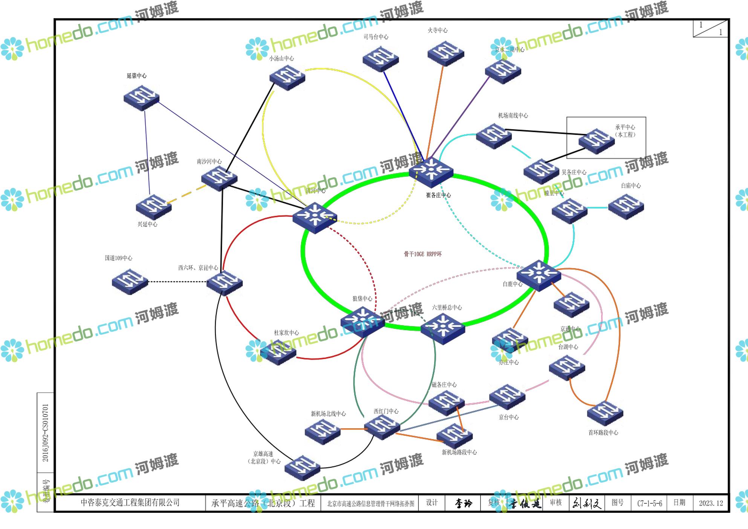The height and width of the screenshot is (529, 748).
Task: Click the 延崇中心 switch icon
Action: click(x=141, y=98)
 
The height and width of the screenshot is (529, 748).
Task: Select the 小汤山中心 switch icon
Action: click(x=287, y=77)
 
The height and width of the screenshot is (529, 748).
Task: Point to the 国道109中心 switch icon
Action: click(x=130, y=281)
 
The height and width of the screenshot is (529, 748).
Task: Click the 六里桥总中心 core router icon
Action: click(x=443, y=328)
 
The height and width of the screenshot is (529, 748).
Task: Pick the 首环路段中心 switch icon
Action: click(x=605, y=414)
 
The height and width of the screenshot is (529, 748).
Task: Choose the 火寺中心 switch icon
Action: click(x=445, y=53)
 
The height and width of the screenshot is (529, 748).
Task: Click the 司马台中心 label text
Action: click(x=376, y=37)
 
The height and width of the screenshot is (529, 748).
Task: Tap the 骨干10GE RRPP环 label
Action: click(x=422, y=254)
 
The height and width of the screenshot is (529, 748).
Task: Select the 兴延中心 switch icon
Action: click(x=154, y=207)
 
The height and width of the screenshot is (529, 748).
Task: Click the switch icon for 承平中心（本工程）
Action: click(x=597, y=141)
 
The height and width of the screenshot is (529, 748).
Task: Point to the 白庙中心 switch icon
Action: click(x=626, y=206)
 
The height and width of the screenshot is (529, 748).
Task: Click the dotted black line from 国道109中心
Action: click(x=177, y=282)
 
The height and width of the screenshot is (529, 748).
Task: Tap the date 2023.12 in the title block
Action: click(x=711, y=503)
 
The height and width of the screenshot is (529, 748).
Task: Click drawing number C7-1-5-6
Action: click(x=650, y=503)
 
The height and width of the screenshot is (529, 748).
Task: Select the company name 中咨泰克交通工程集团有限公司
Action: click(x=130, y=502)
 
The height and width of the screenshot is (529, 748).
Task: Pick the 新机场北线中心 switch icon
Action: click(x=323, y=431)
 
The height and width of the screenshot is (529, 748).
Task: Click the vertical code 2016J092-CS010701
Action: click(x=45, y=432)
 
